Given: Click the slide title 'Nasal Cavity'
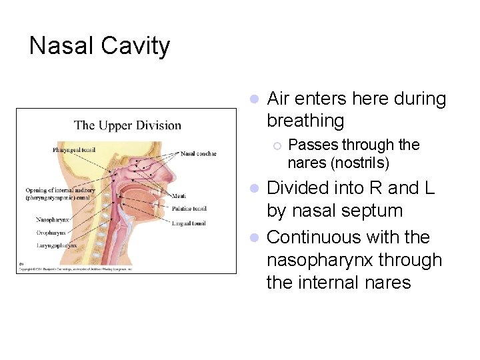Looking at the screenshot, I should coord(100,47).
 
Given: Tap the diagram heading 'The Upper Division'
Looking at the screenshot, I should coord(127,125).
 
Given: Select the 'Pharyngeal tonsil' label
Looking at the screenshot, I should coord(74,150).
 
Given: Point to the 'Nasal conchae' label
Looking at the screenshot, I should coord(198,153).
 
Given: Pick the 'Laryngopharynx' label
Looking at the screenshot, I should coord(57,245).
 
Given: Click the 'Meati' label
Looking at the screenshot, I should coord(178,196).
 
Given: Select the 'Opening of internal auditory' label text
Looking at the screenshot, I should coord(59,190).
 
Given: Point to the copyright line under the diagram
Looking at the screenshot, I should coord(77,268).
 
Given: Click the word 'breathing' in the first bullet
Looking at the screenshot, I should coord(305,121).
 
